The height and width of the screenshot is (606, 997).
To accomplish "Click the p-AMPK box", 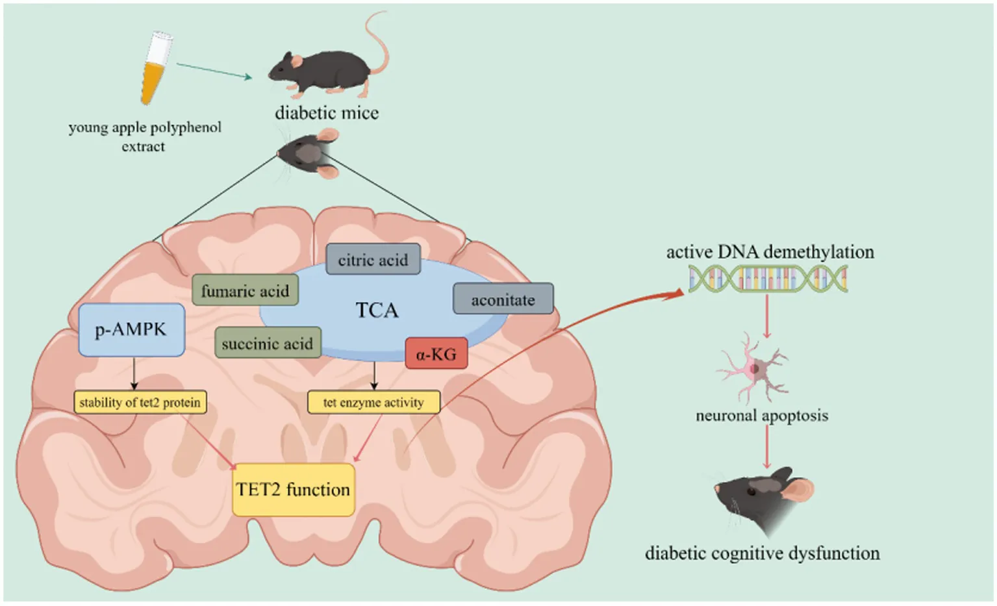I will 131,329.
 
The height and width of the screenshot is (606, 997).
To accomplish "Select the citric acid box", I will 373,259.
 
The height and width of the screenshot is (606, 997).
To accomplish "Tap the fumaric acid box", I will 245,290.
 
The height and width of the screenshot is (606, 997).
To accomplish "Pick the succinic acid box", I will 267,343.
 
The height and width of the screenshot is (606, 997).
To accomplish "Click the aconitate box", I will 503,299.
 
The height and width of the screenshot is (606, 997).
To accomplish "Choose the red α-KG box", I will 436,354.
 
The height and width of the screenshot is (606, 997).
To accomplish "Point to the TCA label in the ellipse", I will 377,310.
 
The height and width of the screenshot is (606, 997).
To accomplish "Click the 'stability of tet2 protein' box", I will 140,402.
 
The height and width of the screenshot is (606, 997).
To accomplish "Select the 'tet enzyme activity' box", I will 373,402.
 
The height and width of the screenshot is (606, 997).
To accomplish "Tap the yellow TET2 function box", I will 293,489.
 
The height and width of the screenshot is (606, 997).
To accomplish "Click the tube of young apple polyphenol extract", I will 157,68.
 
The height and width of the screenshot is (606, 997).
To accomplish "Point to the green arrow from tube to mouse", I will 214,71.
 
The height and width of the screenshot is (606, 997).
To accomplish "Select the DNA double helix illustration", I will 768,279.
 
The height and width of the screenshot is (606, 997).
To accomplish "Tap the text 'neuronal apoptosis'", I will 762,415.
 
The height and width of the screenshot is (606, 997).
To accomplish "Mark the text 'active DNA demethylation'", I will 770,251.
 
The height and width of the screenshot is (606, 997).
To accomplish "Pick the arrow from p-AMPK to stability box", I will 134,373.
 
